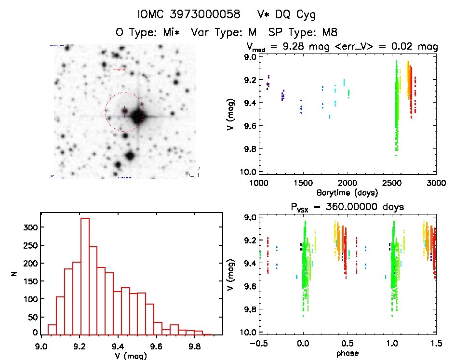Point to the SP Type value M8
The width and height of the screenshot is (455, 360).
tap(328, 33)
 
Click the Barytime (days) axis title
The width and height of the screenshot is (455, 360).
tap(347, 192)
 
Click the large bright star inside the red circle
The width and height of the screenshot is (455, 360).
tap(137, 116)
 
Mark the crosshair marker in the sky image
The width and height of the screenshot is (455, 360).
tap(124, 112)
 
